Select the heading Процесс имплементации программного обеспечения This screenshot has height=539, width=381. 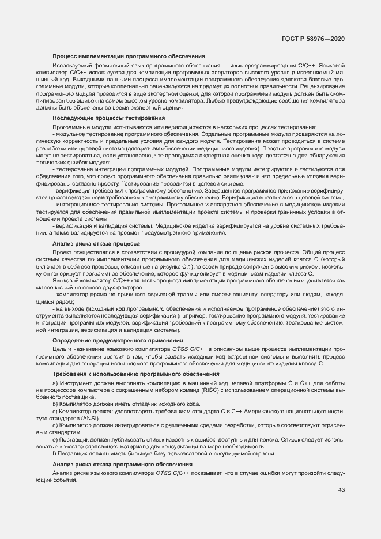[129, 56]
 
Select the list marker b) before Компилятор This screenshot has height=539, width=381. [55, 404]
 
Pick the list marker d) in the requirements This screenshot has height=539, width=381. [55, 425]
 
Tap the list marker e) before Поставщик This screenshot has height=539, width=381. [55, 440]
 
